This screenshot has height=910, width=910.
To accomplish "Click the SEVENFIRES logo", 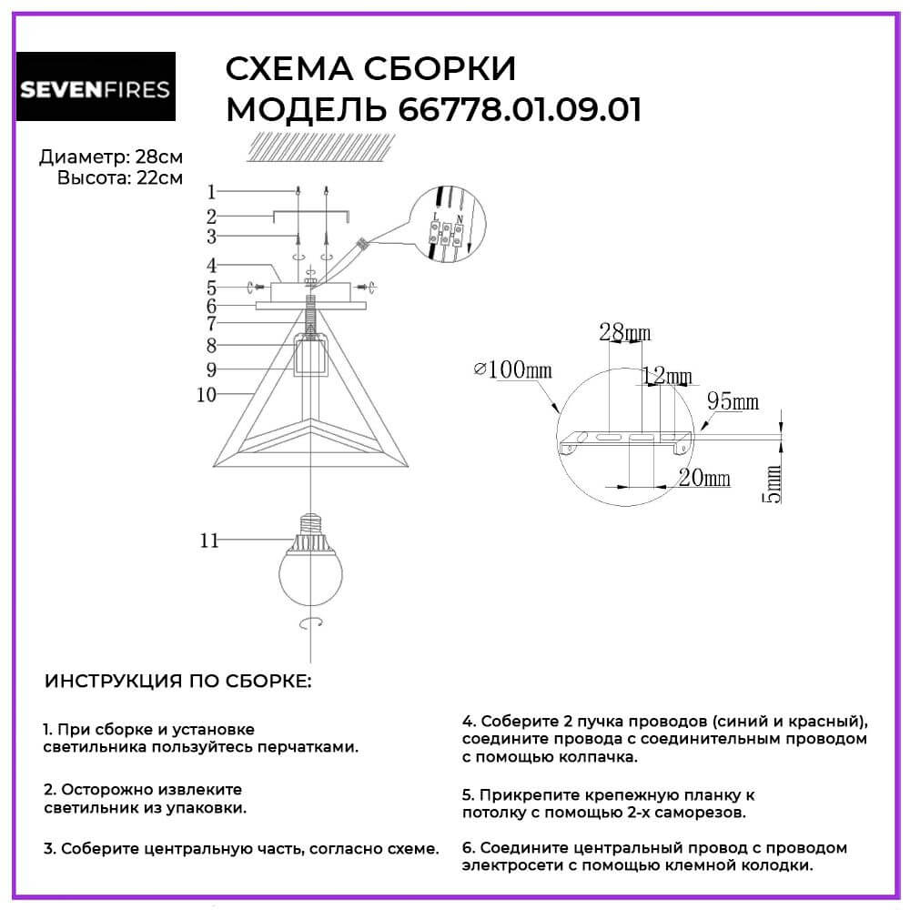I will [x=96, y=88].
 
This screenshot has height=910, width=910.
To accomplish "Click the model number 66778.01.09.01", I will [x=520, y=110].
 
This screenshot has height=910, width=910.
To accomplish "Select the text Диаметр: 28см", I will [x=110, y=157].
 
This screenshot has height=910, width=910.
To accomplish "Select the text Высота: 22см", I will [x=119, y=177].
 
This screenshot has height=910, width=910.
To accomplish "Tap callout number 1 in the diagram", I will [x=210, y=192].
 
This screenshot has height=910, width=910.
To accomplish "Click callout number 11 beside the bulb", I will [x=209, y=541].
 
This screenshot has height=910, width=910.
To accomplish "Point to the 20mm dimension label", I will [x=704, y=479].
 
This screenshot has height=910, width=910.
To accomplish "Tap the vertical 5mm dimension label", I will [x=773, y=482].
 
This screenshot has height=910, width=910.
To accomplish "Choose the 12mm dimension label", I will [x=666, y=376].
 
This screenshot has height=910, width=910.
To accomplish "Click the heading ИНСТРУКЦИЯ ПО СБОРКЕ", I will [x=177, y=682].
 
